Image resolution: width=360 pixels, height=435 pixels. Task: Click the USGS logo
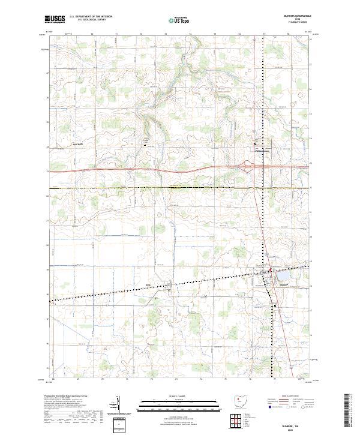55,19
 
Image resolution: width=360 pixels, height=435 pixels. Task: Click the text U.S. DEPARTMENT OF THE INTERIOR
91,17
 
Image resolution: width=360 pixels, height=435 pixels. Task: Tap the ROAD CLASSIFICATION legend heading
287,397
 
